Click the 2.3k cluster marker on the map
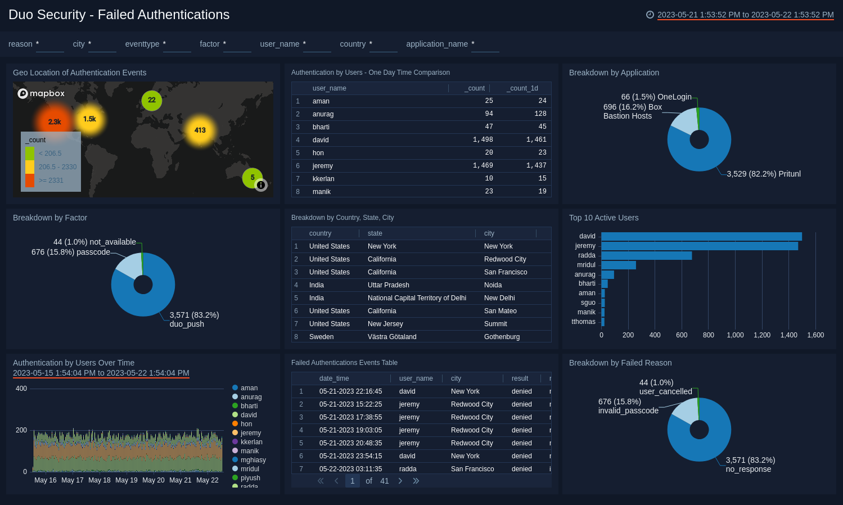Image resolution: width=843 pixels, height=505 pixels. pyautogui.click(x=55, y=121)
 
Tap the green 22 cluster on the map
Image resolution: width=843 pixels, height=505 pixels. pyautogui.click(x=152, y=100)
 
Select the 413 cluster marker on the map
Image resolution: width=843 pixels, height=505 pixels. pyautogui.click(x=200, y=130)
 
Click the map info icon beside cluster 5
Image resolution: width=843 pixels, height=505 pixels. pyautogui.click(x=261, y=185)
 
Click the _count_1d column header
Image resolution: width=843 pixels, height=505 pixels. pyautogui.click(x=522, y=88)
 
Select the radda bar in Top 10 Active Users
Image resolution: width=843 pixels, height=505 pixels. pyautogui.click(x=646, y=255)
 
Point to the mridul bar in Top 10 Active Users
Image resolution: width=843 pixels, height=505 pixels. pyautogui.click(x=618, y=265)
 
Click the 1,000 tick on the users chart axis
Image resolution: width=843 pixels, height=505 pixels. pyautogui.click(x=735, y=335)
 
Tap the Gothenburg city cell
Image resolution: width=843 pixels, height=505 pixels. pyautogui.click(x=502, y=337)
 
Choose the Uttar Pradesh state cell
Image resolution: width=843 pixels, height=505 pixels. pyautogui.click(x=389, y=285)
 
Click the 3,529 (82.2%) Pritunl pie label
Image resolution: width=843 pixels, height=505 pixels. pyautogui.click(x=764, y=174)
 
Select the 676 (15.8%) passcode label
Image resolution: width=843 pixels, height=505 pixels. pyautogui.click(x=71, y=252)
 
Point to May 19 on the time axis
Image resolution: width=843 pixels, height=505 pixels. pyautogui.click(x=127, y=480)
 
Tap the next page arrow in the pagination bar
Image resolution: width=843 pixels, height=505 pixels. pyautogui.click(x=400, y=481)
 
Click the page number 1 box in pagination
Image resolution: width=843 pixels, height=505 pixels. pyautogui.click(x=353, y=481)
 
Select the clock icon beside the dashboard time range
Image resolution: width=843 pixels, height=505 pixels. pyautogui.click(x=650, y=15)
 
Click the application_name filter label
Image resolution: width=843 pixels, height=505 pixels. pyautogui.click(x=437, y=44)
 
